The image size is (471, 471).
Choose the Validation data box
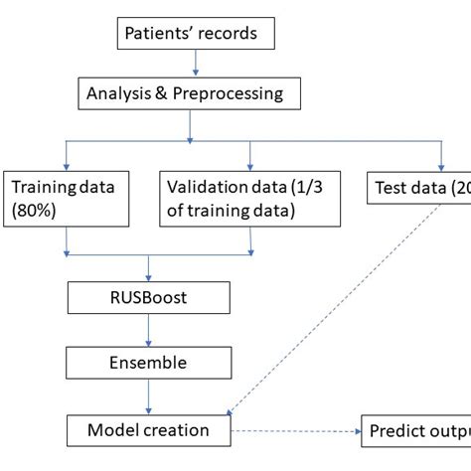pos(250,197)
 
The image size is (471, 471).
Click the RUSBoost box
pos(149,297)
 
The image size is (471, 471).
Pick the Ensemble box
pos(149,363)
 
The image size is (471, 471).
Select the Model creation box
pos(149,430)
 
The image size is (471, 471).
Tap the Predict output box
pos(415,430)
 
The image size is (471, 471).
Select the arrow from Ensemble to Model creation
pos(149,396)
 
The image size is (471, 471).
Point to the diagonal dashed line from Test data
pos(333,315)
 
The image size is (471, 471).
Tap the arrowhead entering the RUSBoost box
pos(149,277)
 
